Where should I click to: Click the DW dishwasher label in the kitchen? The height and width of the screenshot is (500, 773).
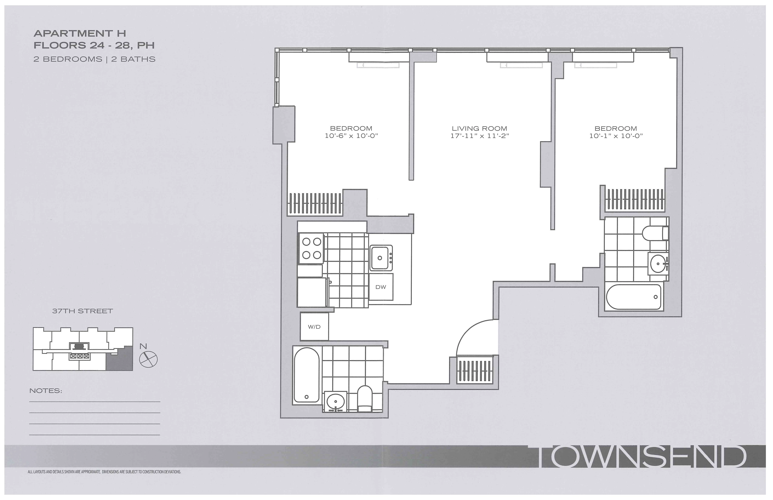point(381,287)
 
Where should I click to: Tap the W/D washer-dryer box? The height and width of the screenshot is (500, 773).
point(314,327)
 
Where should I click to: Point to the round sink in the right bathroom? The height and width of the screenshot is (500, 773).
point(658,263)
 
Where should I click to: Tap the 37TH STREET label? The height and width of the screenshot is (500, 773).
point(82,311)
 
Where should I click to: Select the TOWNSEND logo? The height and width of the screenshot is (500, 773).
point(641,457)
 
